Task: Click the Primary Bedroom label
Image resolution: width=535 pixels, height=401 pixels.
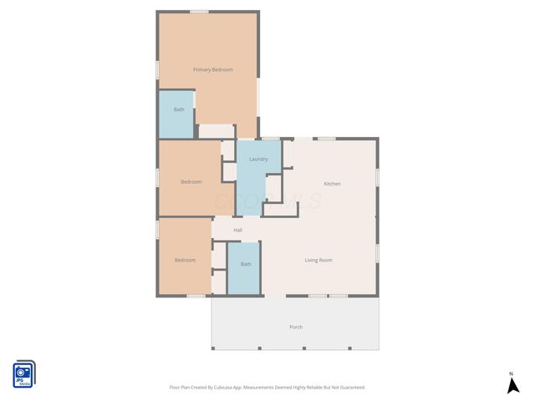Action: pyautogui.click(x=212, y=69)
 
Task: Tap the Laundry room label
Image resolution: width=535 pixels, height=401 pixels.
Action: pyautogui.click(x=258, y=159)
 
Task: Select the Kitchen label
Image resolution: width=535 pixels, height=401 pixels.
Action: pyautogui.click(x=332, y=184)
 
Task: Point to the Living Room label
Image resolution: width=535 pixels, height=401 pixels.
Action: pyautogui.click(x=318, y=260)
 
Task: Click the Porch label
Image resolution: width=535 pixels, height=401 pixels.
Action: pyautogui.click(x=295, y=327)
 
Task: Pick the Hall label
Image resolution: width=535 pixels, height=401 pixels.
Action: pyautogui.click(x=237, y=230)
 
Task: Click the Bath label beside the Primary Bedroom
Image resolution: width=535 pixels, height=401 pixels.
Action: pyautogui.click(x=179, y=109)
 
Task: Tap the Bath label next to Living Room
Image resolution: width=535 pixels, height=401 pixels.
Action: pyautogui.click(x=246, y=264)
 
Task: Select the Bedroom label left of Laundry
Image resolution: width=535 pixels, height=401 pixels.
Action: pyautogui.click(x=191, y=181)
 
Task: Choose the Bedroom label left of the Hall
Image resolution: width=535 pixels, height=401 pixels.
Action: pyautogui.click(x=185, y=260)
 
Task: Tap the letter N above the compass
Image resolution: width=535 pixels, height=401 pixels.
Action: pyautogui.click(x=512, y=373)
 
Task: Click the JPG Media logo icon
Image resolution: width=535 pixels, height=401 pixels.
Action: pyautogui.click(x=23, y=374)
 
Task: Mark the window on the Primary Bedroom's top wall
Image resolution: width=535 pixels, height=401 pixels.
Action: pyautogui.click(x=199, y=11)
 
